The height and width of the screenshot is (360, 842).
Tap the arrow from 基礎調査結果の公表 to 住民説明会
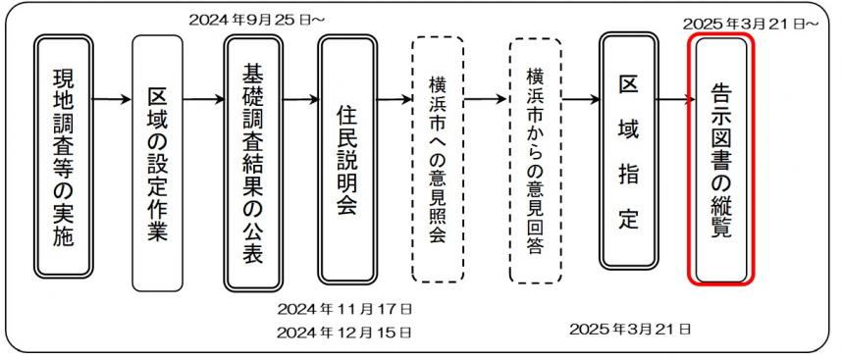click(x=299, y=99)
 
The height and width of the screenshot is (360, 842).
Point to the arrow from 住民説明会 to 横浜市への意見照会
click(x=394, y=99)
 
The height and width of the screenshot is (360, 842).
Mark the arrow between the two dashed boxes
click(x=487, y=99)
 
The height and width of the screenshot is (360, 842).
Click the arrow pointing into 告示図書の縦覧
click(x=674, y=99)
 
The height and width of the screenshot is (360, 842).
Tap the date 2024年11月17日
click(x=343, y=310)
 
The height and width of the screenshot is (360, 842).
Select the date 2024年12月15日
click(x=343, y=332)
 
